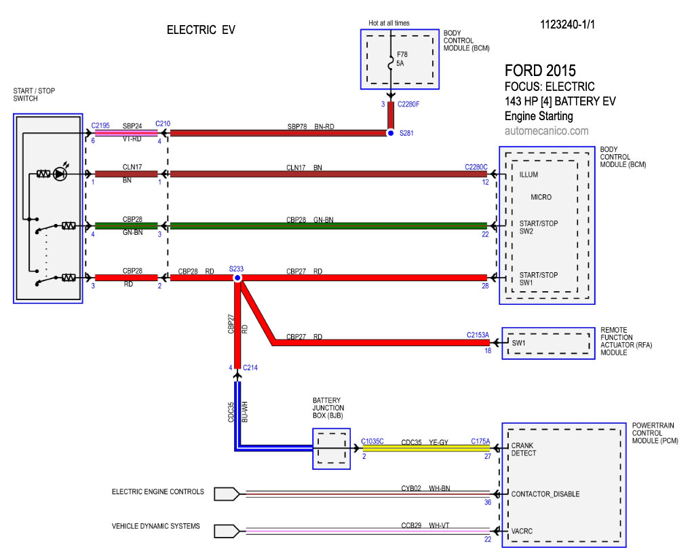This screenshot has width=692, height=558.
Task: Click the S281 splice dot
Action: pos(391,133)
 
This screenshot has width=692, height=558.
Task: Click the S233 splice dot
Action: pos(237,278)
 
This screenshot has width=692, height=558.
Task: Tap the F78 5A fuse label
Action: pos(402,58)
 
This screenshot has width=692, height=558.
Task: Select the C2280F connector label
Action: pos(408,104)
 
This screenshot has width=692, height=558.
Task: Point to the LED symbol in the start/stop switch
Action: pos(60,174)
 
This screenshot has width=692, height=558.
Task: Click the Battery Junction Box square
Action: pos(332,449)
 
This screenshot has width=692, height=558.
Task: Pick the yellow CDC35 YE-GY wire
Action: pos(426,449)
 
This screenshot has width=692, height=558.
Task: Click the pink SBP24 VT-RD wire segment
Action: pos(126,133)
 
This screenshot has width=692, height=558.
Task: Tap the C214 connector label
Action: pos(250,367)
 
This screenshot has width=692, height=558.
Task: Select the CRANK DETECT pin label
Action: pos(524,449)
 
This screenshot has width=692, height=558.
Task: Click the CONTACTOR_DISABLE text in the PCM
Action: pos(545,494)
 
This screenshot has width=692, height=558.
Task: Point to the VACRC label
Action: pos(522,531)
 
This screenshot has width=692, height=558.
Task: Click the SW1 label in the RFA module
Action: pos(518,343)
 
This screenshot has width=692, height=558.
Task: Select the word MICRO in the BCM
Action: pos(541,197)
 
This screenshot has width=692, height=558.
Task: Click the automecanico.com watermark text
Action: pos(546,131)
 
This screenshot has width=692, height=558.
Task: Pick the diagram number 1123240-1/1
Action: pos(567,24)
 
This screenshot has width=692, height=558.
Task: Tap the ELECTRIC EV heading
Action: pos(201,30)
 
